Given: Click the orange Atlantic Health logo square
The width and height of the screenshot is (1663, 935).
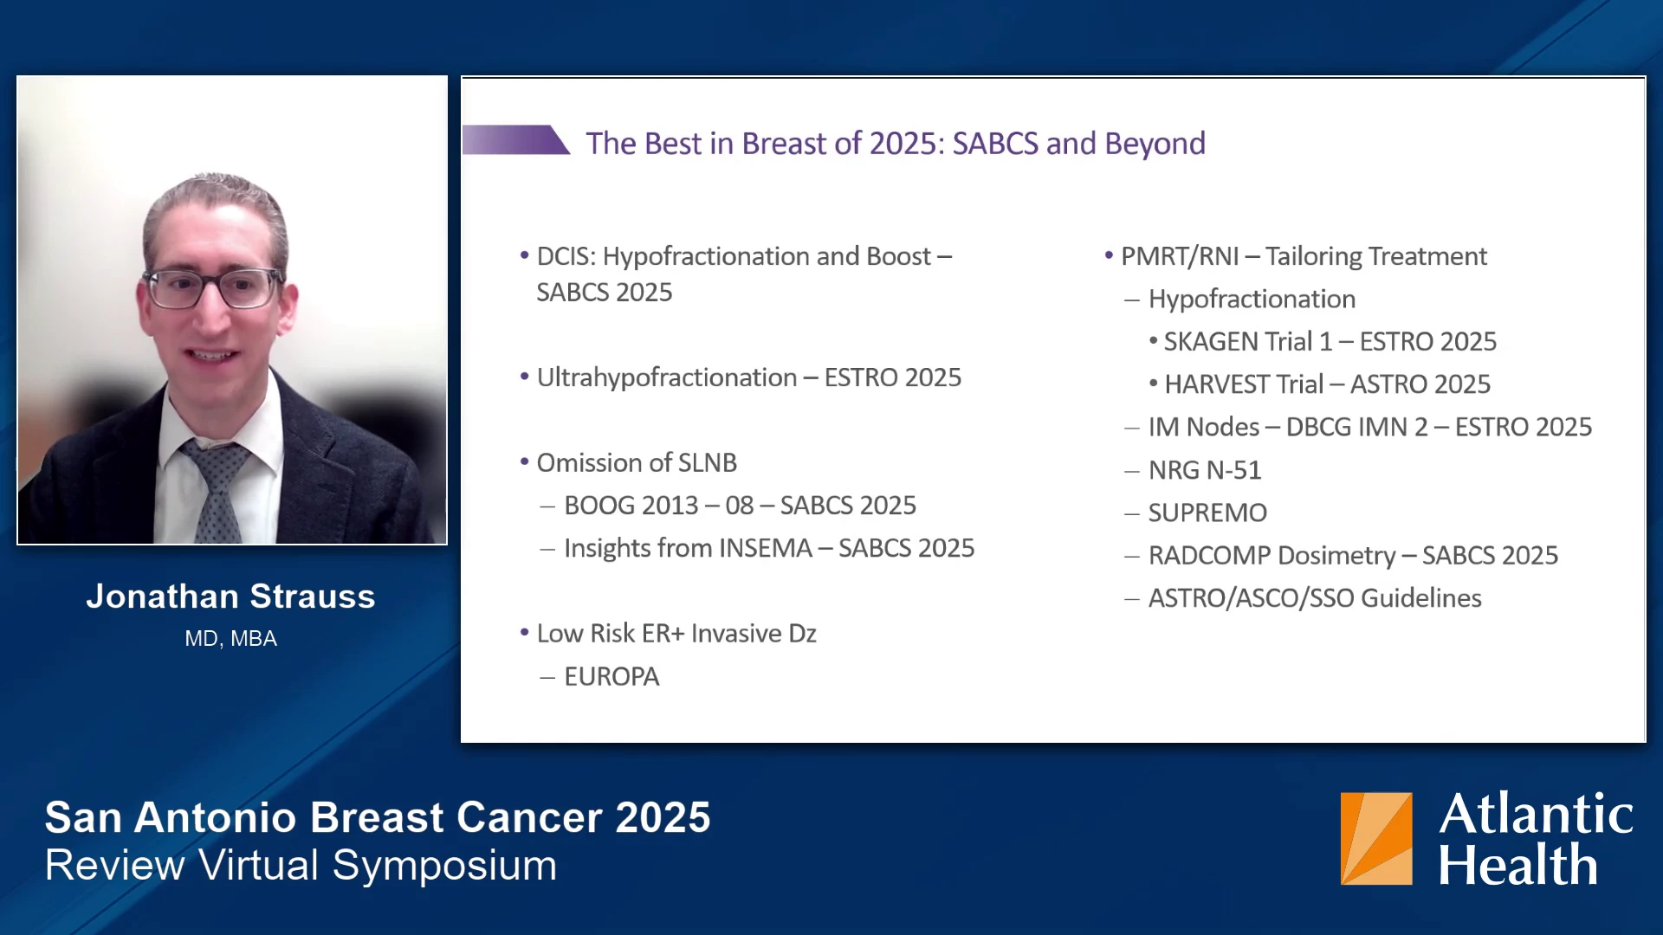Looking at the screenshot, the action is pyautogui.click(x=1376, y=838).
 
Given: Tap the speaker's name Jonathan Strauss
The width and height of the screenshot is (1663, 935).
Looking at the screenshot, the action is pyautogui.click(x=230, y=596).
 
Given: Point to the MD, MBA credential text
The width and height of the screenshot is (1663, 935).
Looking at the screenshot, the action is pyautogui.click(x=230, y=639).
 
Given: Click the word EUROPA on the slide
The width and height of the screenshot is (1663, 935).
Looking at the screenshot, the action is pyautogui.click(x=611, y=676).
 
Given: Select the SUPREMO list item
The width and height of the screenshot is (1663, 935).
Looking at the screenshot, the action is pyautogui.click(x=1207, y=513).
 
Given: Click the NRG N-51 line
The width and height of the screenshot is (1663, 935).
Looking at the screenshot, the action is pyautogui.click(x=1205, y=470).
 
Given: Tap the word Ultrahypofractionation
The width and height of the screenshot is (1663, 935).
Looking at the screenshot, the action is pyautogui.click(x=667, y=377).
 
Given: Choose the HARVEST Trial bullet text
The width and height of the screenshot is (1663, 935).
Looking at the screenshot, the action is pyautogui.click(x=1328, y=384).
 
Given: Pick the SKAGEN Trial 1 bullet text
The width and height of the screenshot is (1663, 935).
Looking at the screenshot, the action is pyautogui.click(x=1330, y=342).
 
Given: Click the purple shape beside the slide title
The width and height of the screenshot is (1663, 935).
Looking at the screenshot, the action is pyautogui.click(x=514, y=140).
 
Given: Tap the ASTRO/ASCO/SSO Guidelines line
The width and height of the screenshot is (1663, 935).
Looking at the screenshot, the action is pyautogui.click(x=1315, y=598).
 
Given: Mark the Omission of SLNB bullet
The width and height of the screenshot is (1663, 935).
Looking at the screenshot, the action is pyautogui.click(x=637, y=463).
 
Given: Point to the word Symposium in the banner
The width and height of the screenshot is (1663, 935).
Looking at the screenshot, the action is pyautogui.click(x=445, y=865).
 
